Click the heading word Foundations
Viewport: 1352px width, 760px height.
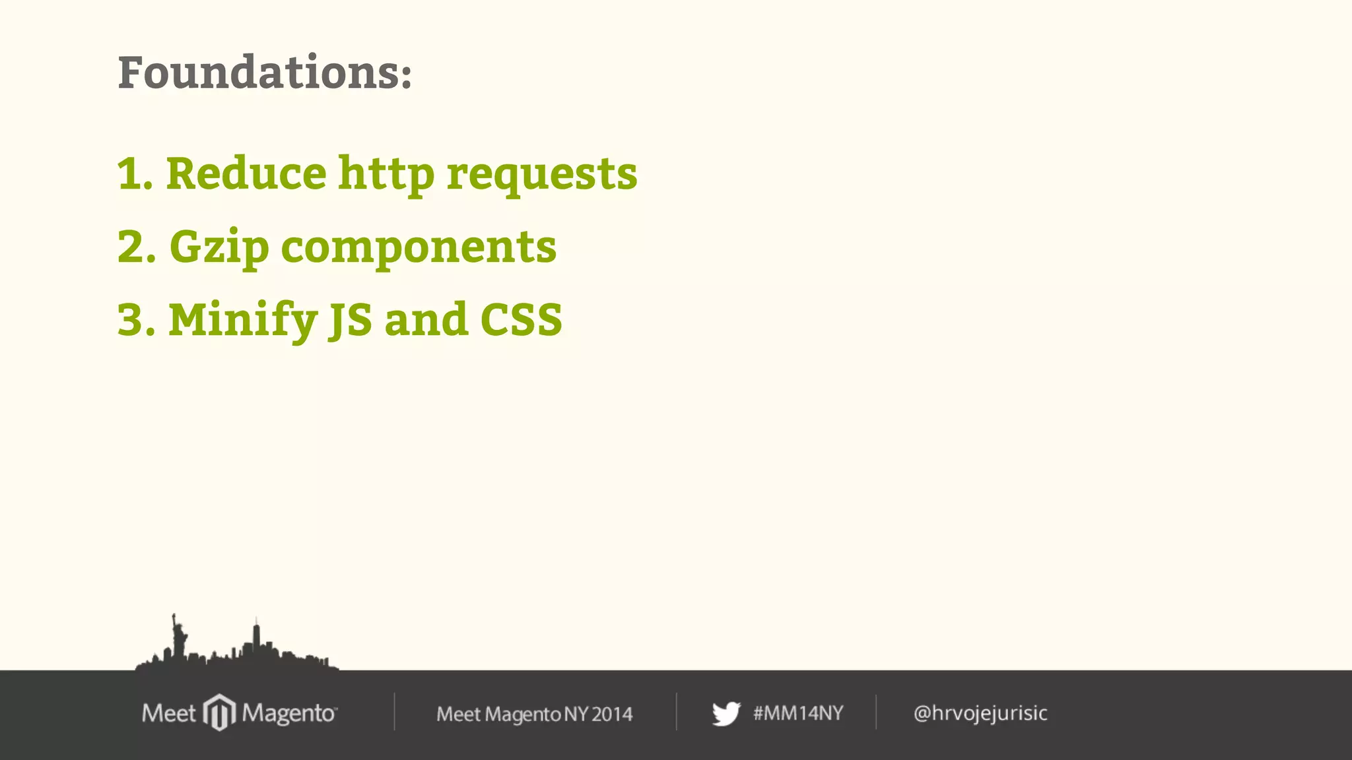pos(264,72)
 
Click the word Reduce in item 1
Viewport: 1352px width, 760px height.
pos(246,174)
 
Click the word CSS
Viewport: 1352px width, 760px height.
pos(521,320)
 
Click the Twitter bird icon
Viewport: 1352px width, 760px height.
pos(726,714)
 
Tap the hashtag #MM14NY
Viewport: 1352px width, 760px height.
pos(798,713)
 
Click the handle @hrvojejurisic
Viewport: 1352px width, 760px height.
pos(980,713)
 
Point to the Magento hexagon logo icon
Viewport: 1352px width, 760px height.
pos(219,712)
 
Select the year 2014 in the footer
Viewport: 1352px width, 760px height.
pos(612,714)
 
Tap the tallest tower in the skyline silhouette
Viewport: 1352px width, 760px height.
pos(256,637)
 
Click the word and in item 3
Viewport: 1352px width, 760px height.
pos(426,320)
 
